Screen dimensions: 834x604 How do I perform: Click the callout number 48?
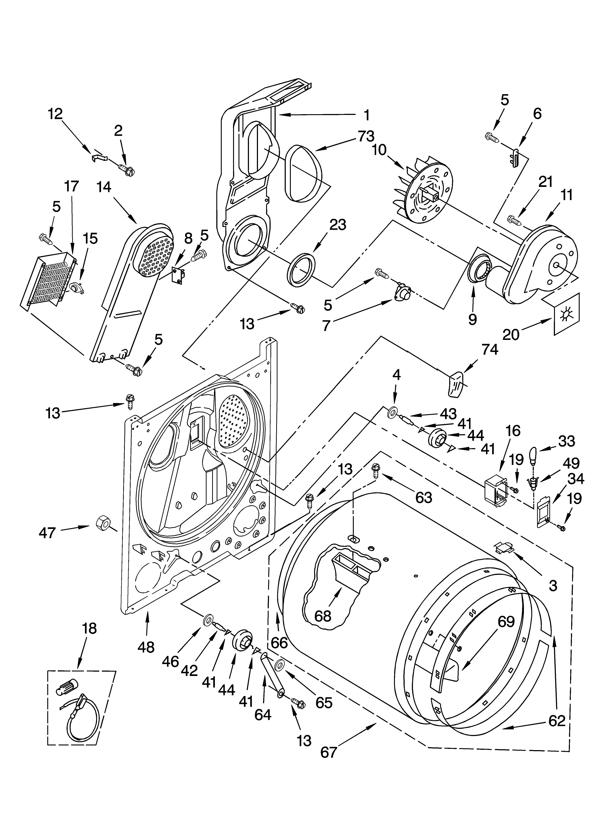146,647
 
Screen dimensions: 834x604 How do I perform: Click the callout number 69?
506,622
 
